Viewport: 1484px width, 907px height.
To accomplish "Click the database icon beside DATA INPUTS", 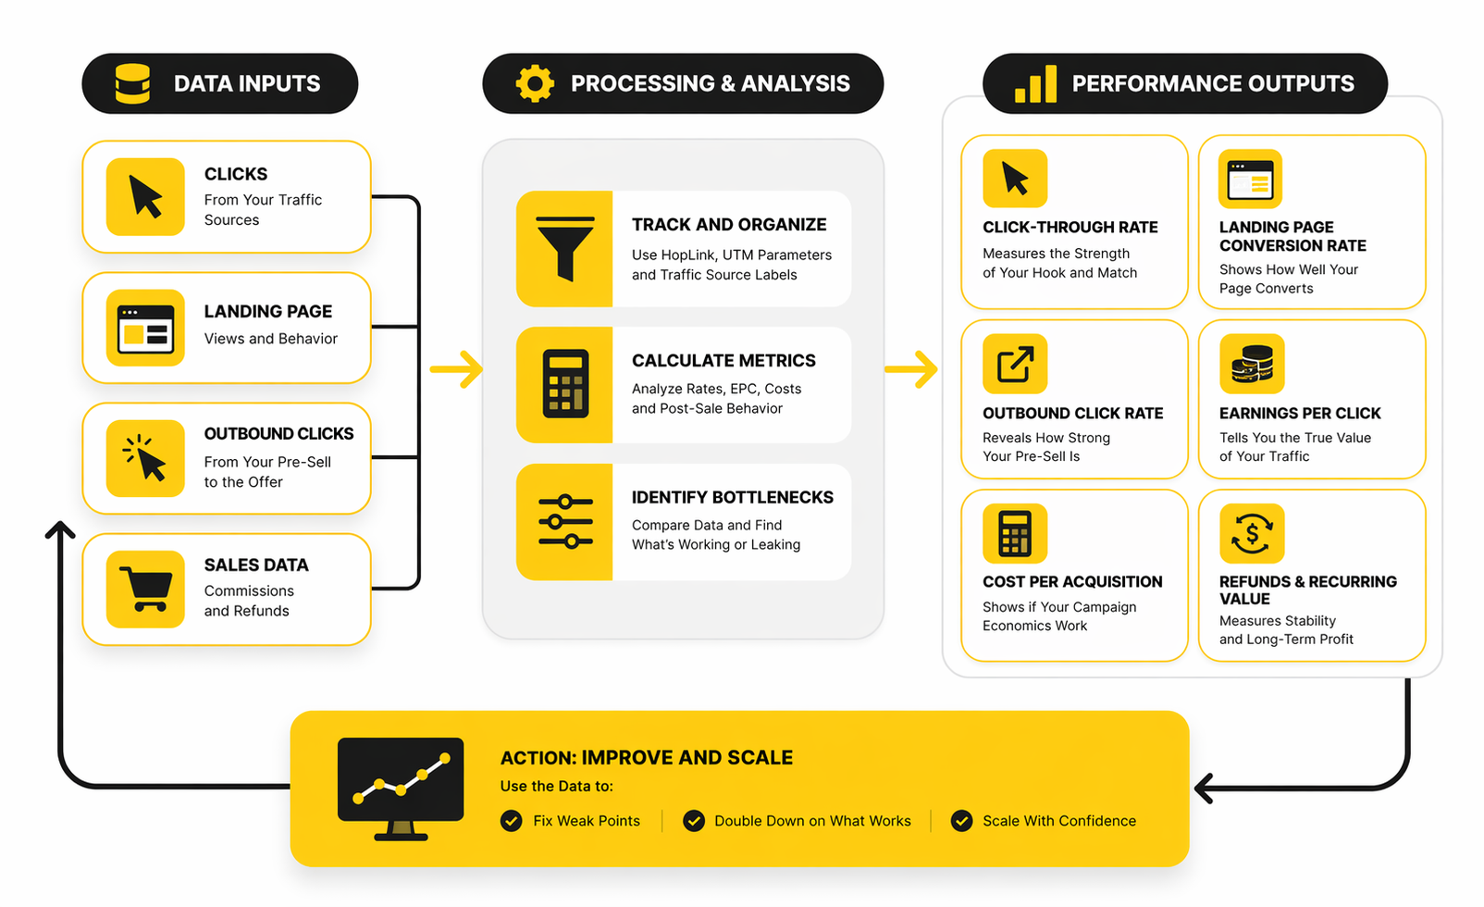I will click(x=132, y=83).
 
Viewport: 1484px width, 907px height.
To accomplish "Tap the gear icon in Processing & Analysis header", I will click(x=535, y=83).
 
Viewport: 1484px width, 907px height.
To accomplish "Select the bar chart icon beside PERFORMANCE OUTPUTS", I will click(x=1035, y=83).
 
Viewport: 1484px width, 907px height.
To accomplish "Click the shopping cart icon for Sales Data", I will click(x=145, y=590).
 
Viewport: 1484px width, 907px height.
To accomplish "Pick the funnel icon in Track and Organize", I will click(x=565, y=249).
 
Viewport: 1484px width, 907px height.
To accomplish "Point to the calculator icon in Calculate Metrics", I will click(x=565, y=384).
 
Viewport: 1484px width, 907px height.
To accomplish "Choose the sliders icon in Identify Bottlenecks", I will click(x=565, y=522).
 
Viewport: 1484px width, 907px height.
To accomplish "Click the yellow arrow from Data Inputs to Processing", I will click(x=457, y=369).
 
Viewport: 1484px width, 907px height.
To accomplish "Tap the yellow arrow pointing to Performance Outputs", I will click(x=911, y=369).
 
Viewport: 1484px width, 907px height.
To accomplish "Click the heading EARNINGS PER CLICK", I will click(x=1299, y=413).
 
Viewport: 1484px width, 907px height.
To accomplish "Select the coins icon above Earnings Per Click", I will click(x=1252, y=364).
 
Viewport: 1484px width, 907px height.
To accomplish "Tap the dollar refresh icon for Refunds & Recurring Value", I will click(x=1252, y=533).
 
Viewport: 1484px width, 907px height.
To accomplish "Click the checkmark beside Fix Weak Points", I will click(x=511, y=821).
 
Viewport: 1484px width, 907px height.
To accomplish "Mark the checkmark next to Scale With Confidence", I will click(x=961, y=821).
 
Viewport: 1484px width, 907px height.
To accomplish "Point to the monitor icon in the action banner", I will click(x=401, y=787).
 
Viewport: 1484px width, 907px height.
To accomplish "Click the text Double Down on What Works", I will click(x=812, y=821).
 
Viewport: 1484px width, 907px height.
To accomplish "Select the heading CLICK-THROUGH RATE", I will click(x=1070, y=227).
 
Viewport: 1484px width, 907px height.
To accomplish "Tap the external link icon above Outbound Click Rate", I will click(x=1015, y=364).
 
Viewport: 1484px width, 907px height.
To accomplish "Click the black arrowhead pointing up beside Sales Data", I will click(x=60, y=529).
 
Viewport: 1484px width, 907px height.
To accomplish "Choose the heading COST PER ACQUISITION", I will click(x=1072, y=581).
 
